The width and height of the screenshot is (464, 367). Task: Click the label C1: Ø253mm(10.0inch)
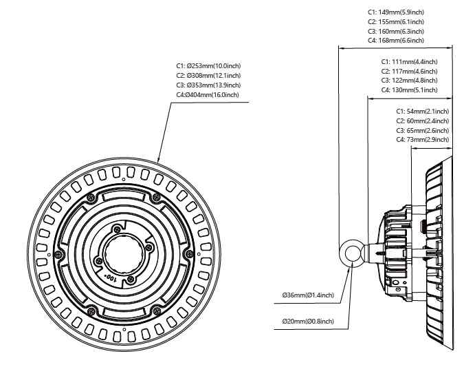208,65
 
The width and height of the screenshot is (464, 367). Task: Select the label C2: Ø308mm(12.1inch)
208,75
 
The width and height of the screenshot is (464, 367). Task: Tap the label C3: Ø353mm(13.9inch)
208,85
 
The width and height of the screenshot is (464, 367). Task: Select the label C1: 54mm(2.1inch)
422,111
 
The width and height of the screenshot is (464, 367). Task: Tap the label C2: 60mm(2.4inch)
422,120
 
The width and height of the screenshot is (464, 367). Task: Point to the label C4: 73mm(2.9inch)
422,140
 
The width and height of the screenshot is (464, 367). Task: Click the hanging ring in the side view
353,252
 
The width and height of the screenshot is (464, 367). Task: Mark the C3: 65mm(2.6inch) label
422,130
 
